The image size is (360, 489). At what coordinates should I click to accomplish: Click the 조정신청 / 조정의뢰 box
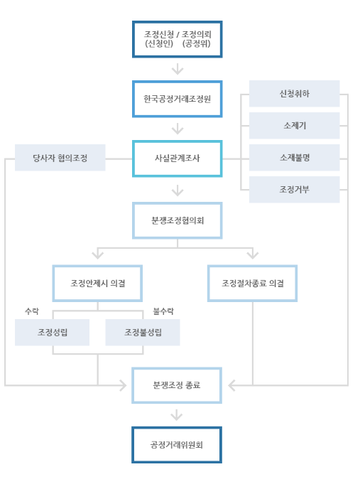tap(177, 38)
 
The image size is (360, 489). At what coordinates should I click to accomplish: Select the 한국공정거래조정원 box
tap(177, 98)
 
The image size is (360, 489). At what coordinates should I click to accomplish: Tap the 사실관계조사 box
tap(177, 158)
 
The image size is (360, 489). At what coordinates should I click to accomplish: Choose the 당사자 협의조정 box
tap(60, 158)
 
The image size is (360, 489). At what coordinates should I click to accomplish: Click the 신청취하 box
tap(294, 94)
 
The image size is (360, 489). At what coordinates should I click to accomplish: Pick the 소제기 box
tap(294, 126)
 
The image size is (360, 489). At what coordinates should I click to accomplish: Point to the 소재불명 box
tap(294, 158)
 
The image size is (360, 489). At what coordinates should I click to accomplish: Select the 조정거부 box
tap(294, 190)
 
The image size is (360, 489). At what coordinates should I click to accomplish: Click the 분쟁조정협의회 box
tap(177, 220)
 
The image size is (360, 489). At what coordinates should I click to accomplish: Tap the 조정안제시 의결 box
tap(98, 283)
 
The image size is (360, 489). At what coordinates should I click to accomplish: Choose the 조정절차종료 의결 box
tap(252, 283)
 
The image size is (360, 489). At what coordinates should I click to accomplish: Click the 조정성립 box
tap(53, 332)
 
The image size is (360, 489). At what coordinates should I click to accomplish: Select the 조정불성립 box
tap(142, 332)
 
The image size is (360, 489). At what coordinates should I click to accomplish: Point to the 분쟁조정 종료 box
tap(177, 385)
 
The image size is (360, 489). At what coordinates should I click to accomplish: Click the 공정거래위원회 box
tap(177, 445)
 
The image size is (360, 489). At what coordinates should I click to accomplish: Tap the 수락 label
tap(32, 311)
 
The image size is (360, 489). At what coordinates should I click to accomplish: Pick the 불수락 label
tap(163, 311)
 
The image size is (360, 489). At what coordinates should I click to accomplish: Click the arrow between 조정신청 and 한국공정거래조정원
tap(178, 69)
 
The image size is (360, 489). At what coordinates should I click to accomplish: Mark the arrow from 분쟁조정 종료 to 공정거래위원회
tap(178, 415)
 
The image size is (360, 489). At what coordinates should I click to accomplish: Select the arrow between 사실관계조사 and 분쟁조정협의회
tap(178, 190)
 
